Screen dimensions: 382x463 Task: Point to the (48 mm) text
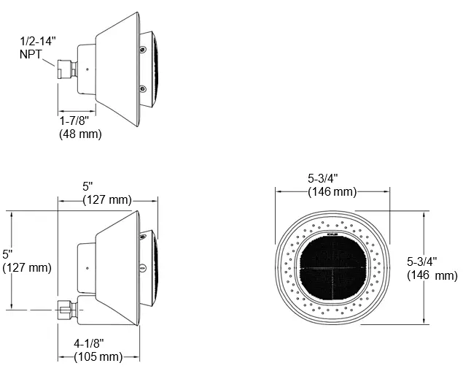click(80, 134)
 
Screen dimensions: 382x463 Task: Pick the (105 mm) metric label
click(98, 356)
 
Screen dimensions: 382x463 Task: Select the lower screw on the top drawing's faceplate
click(142, 89)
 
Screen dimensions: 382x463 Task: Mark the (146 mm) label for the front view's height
click(432, 275)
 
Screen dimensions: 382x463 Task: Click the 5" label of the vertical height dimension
click(7, 254)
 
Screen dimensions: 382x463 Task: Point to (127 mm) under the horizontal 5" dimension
click(107, 200)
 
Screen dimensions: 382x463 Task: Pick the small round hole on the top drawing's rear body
click(87, 70)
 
